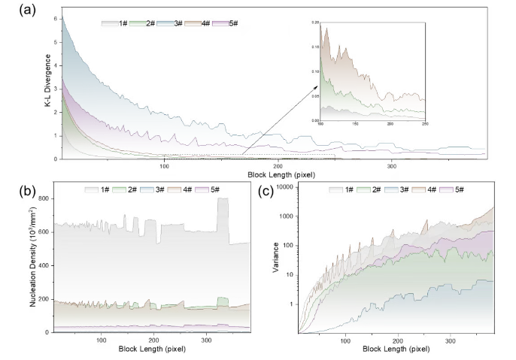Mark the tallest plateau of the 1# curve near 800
[x=223, y=198]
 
